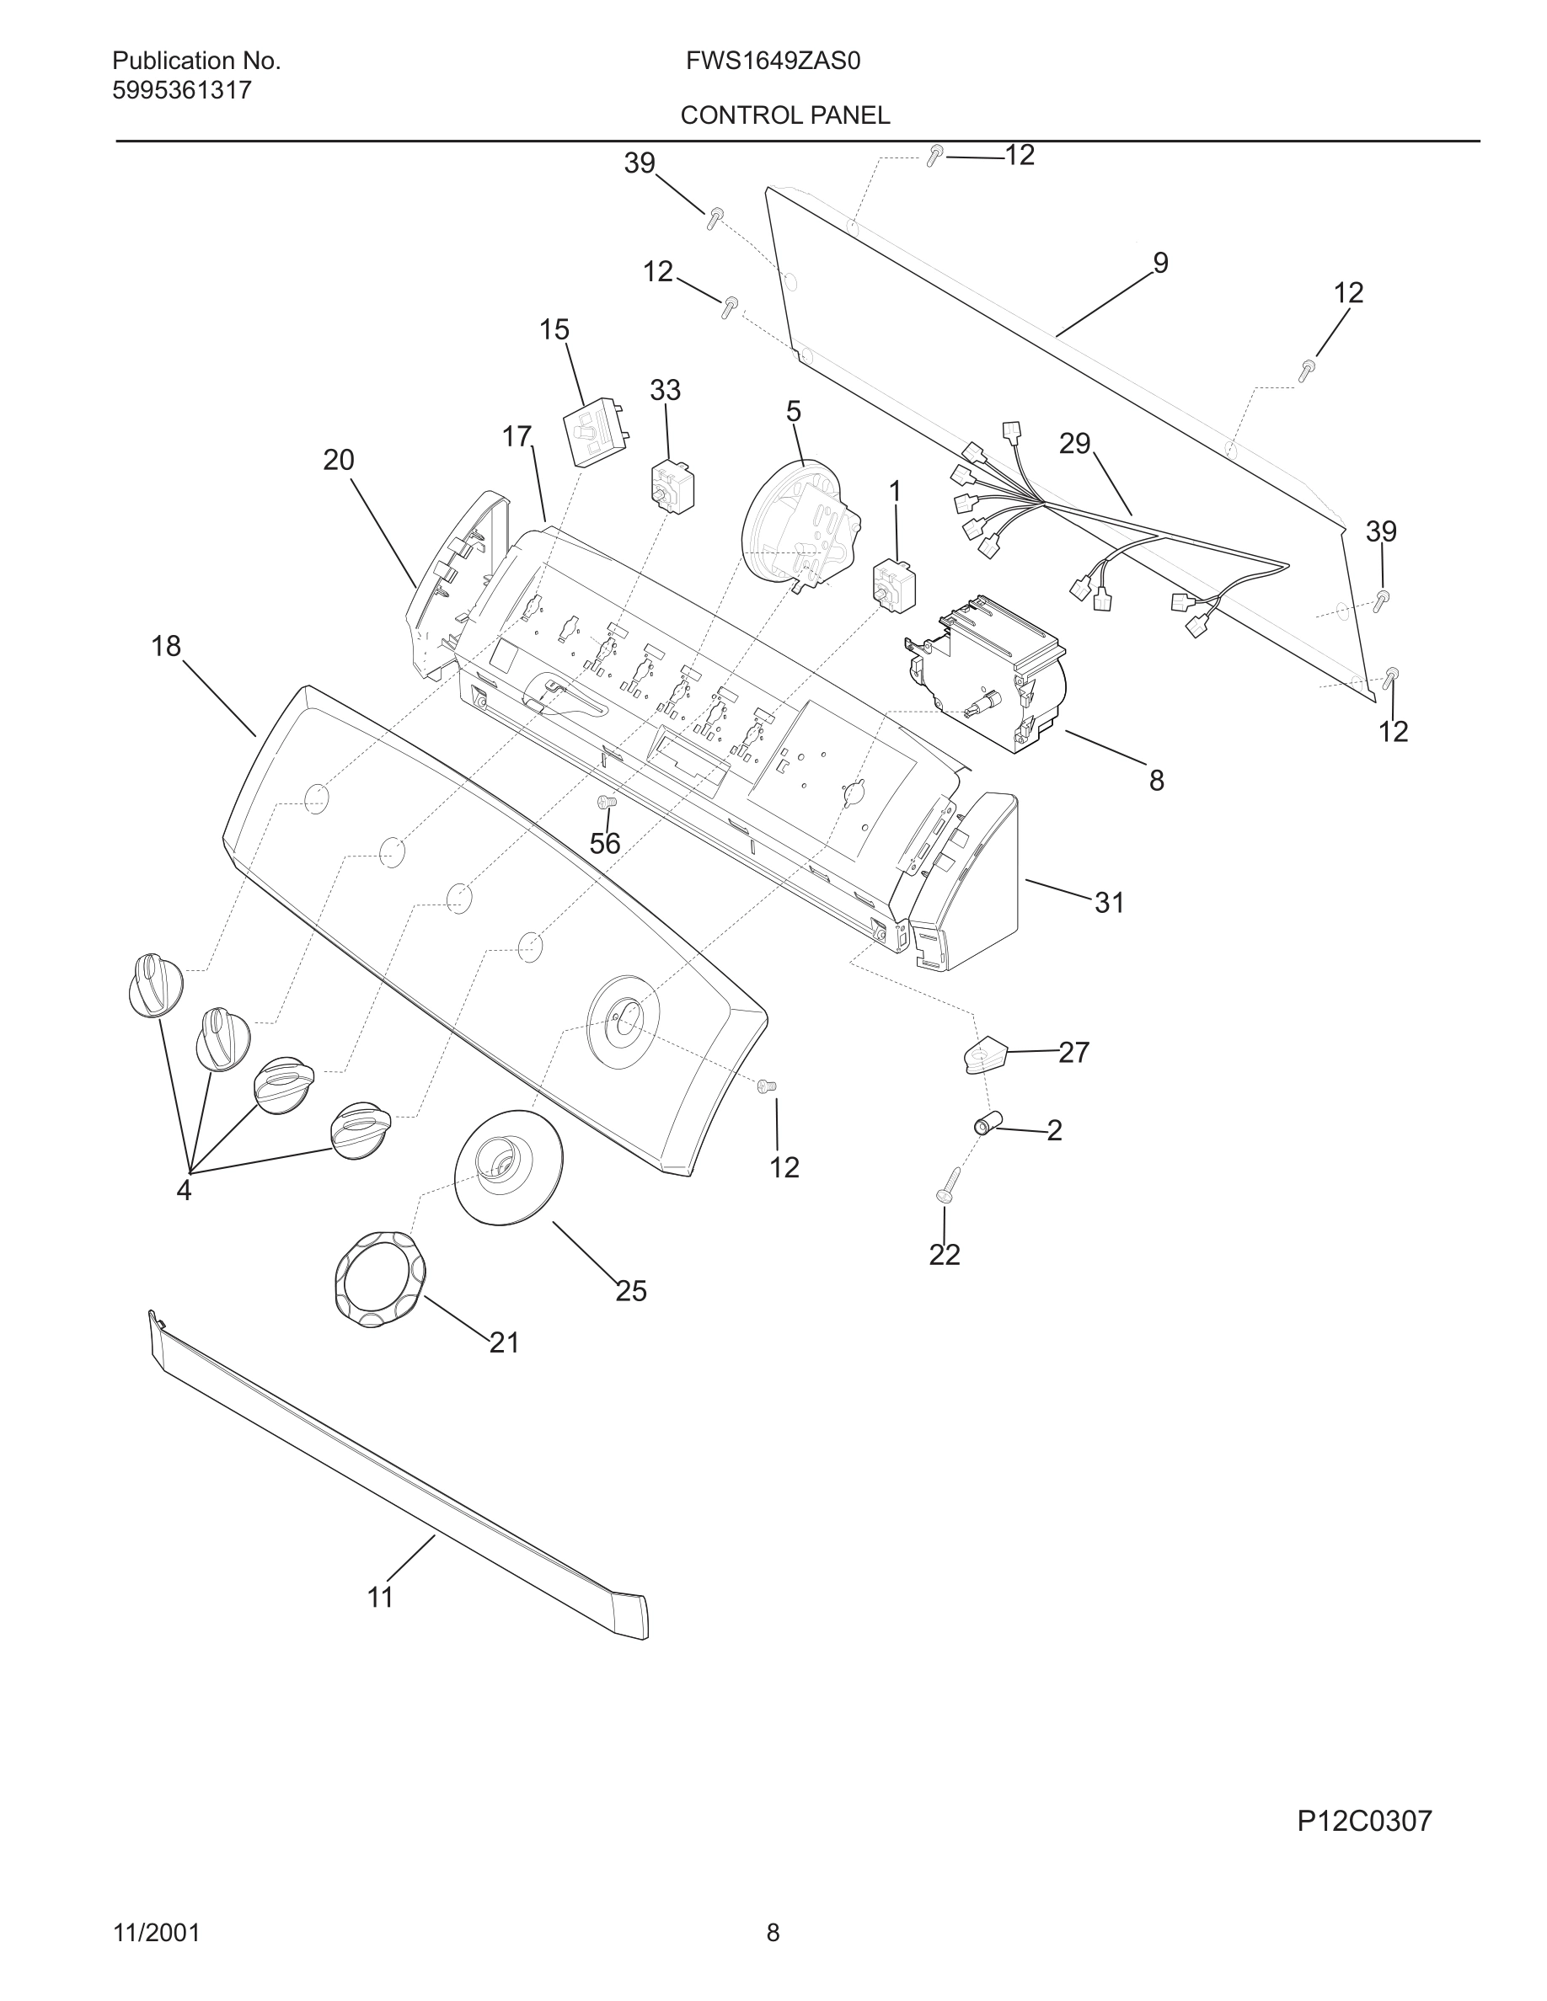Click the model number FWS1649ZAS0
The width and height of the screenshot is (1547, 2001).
coord(773,61)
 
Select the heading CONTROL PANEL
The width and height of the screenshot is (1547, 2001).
coord(784,115)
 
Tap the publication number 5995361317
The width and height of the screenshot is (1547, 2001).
coord(181,91)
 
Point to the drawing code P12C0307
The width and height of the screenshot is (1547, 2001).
coord(1363,1821)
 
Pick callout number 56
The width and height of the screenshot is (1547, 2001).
coord(605,843)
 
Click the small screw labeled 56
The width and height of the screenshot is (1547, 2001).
coord(605,803)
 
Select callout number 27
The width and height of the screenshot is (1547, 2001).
coord(1073,1052)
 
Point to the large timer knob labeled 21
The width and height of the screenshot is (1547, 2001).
coord(379,1279)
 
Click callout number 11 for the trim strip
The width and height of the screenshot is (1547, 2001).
coord(380,1597)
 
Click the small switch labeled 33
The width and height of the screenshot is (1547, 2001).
coord(672,487)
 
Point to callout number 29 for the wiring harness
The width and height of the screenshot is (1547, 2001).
coord(1074,444)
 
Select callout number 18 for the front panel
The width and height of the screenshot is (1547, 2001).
coord(166,647)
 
